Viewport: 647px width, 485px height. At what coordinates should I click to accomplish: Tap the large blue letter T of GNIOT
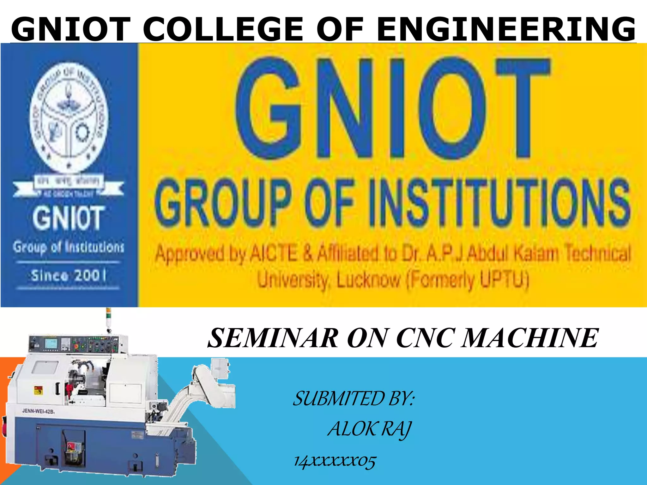[x=523, y=107]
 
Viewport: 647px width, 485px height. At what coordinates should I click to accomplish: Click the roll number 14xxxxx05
[x=335, y=461]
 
